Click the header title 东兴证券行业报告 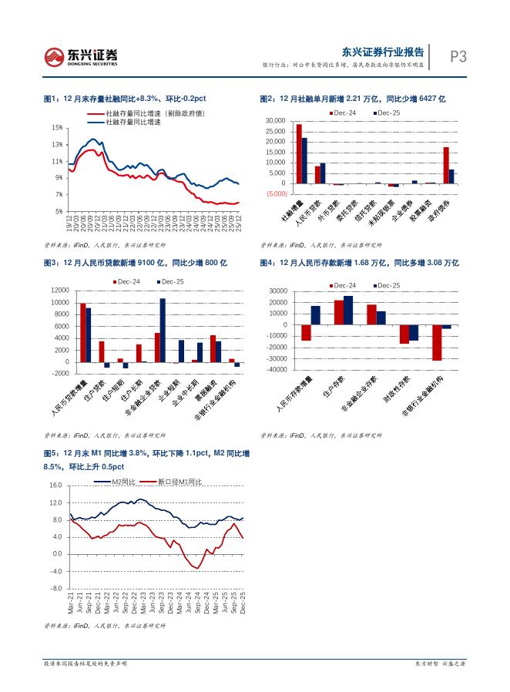pos(383,52)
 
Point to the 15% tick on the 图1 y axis pos(58,128)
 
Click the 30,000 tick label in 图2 pos(275,121)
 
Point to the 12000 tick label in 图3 pos(59,291)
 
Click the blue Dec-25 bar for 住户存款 pos(348,311)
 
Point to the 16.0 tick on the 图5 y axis pos(55,485)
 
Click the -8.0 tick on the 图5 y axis pos(55,589)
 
